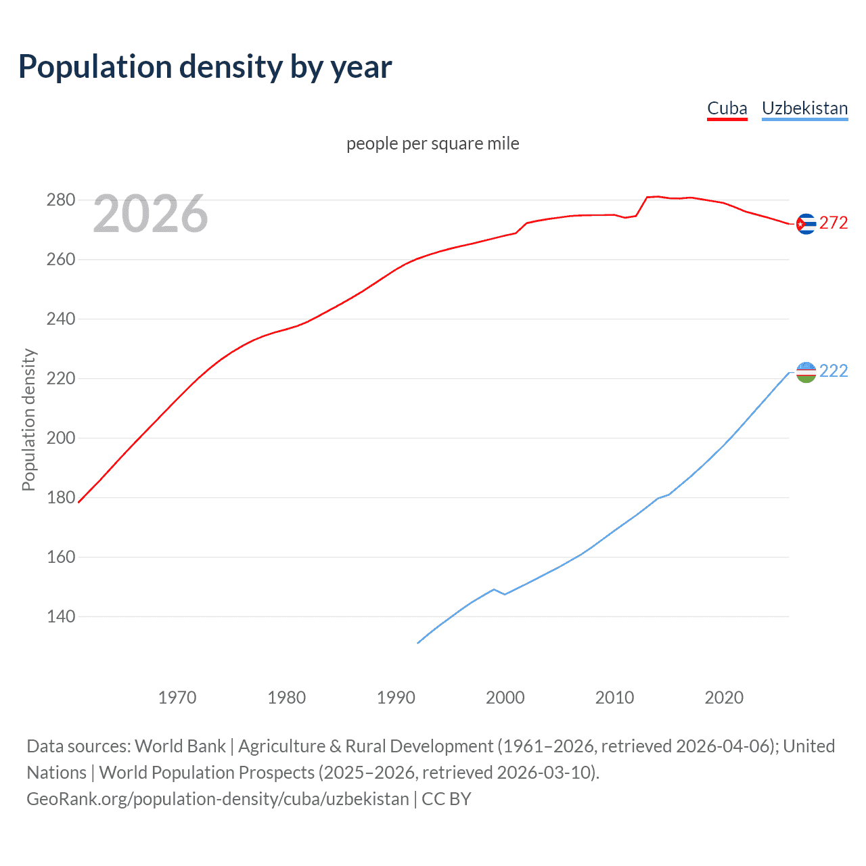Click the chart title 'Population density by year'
[x=205, y=67]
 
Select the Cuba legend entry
[x=727, y=108]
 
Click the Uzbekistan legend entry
[x=804, y=108]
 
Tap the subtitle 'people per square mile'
[x=432, y=143]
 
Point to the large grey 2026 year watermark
[x=150, y=214]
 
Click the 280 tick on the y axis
[x=60, y=200]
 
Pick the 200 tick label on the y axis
[x=60, y=438]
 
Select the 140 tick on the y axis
[x=60, y=616]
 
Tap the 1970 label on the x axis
[x=177, y=698]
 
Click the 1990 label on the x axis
[x=396, y=698]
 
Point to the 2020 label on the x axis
[x=724, y=698]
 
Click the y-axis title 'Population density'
[x=28, y=419]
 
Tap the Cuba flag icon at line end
[x=806, y=224]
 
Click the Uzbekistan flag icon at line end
[x=806, y=372]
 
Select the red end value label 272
[x=834, y=223]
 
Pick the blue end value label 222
[x=834, y=371]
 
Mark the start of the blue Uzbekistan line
[x=418, y=643]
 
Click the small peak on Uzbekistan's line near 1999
[x=493, y=589]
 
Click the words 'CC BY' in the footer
[x=446, y=799]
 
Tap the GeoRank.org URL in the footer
[x=217, y=799]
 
